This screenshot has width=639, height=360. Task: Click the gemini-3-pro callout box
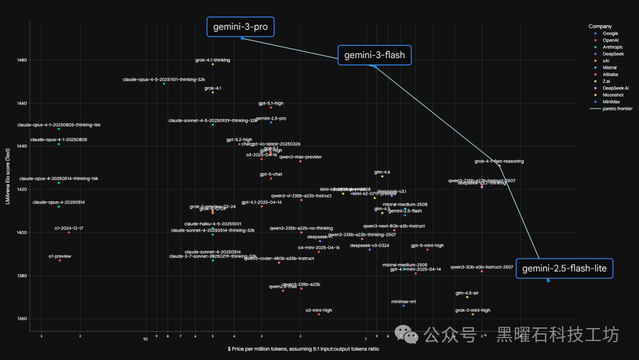tap(240, 27)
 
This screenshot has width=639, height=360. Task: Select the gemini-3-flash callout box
tap(375, 56)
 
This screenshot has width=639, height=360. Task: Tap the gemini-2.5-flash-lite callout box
tap(564, 269)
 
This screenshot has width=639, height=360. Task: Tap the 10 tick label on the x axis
tap(145, 339)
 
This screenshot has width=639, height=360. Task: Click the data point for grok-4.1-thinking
tap(213, 64)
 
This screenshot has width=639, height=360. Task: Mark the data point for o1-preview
tap(60, 260)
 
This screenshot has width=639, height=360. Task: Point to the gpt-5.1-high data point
tap(271, 107)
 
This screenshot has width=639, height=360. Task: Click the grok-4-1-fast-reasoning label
tap(499, 161)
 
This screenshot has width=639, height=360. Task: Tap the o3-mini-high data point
tap(319, 314)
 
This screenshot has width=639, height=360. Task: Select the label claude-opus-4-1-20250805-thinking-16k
tap(59, 125)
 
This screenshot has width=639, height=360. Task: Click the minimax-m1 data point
tap(404, 306)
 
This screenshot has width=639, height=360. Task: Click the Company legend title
tap(600, 27)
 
